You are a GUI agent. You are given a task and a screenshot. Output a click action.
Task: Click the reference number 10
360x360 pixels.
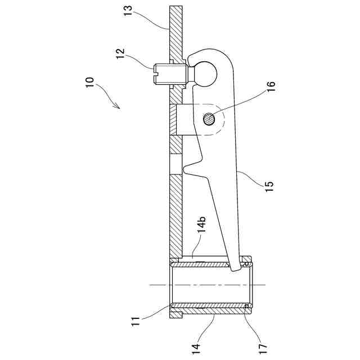90,82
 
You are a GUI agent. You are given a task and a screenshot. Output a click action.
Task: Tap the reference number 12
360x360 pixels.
120,53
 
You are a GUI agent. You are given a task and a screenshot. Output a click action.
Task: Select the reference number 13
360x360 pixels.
128,10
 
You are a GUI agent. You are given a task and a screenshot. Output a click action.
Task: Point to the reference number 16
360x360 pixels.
271,87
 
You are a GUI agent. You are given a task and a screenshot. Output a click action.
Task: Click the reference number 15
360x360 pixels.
269,186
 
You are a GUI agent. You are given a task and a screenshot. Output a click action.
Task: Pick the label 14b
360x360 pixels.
202,224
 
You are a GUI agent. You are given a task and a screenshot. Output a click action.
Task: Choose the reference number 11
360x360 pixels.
135,321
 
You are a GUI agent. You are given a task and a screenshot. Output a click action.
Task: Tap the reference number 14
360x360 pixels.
196,349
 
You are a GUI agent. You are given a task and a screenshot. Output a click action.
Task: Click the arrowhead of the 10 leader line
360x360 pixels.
118,107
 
